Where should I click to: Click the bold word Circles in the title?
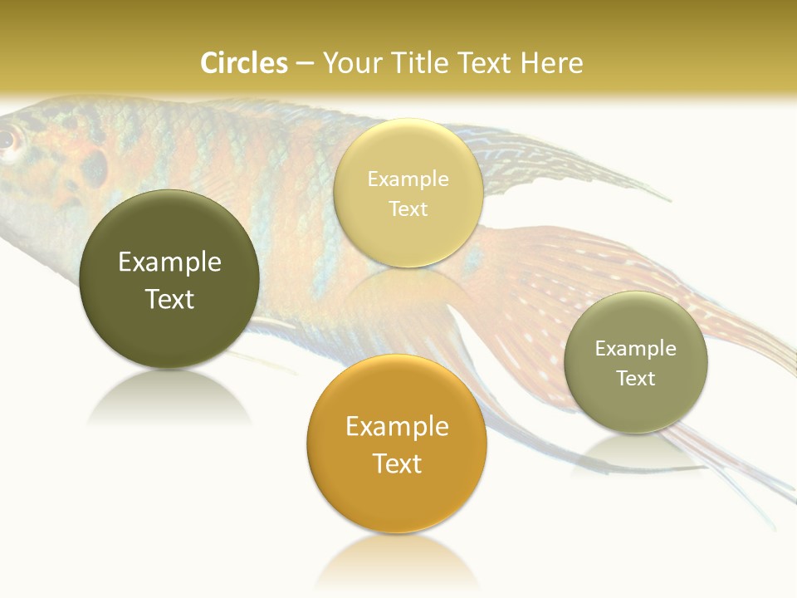244,63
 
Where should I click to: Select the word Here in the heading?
551,63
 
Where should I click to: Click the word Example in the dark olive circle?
169,262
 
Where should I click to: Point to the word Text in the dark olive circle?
169,299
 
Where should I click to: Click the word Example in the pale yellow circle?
408,179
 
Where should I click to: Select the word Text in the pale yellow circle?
408,208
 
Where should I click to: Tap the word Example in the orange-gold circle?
397,427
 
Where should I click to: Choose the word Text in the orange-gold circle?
397,463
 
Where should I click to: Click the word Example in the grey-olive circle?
635,349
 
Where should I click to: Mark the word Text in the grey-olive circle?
635,379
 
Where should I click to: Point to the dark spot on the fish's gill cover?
94,168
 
